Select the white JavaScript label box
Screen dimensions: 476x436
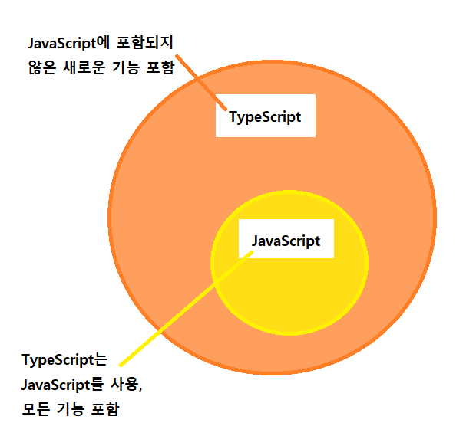[x=286, y=241]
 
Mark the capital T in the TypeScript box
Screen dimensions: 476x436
[x=233, y=116]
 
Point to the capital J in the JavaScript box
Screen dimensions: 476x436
[x=255, y=241]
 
